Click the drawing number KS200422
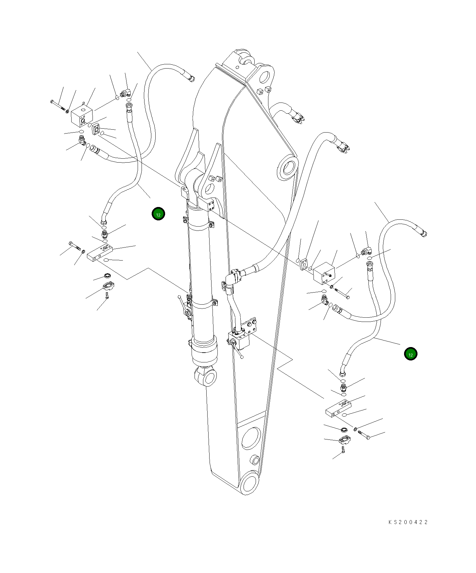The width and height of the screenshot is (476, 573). pyautogui.click(x=408, y=522)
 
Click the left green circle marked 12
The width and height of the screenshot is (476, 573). pyautogui.click(x=158, y=214)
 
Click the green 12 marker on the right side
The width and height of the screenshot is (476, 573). pyautogui.click(x=411, y=354)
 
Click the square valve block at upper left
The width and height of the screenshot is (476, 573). pyautogui.click(x=82, y=116)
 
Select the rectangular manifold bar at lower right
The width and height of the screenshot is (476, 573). pyautogui.click(x=338, y=407)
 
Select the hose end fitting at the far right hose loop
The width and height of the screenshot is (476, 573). pyautogui.click(x=424, y=233)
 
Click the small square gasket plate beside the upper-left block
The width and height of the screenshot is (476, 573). pyautogui.click(x=96, y=128)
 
